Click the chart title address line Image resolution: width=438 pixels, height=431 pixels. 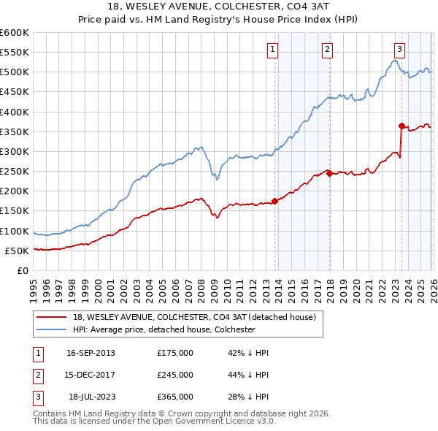coord(218,7)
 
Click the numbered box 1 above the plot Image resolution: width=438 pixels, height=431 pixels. coord(272,50)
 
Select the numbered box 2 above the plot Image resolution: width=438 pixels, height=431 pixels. coord(327,50)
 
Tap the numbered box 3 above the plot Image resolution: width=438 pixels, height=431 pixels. coord(399,50)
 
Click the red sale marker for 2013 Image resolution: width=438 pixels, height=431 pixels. coord(274,201)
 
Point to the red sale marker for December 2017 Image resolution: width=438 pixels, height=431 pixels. coord(329,173)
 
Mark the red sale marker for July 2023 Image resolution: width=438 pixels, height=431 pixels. coord(401,126)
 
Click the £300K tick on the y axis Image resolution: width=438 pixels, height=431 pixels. coord(15,151)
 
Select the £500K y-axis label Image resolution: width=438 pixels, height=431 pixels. coord(15,72)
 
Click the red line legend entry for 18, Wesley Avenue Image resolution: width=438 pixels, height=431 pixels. coord(194,317)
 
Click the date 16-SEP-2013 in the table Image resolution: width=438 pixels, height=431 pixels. coord(91,353)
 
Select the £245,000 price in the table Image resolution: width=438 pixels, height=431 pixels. coord(175,375)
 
